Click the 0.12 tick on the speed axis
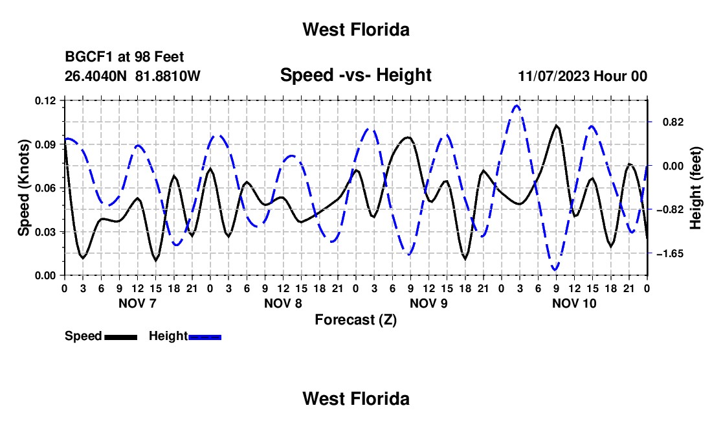click(x=45, y=101)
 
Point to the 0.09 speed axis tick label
click(x=45, y=144)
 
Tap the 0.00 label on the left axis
click(x=45, y=276)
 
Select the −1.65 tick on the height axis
click(x=670, y=253)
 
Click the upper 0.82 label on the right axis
click(x=673, y=122)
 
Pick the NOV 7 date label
click(x=137, y=303)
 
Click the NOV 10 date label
click(x=574, y=303)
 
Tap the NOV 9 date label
click(x=428, y=303)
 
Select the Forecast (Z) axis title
click(x=355, y=320)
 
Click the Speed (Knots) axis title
click(x=23, y=188)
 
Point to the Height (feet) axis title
click(x=695, y=188)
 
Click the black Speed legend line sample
click(x=121, y=337)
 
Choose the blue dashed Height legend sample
click(x=205, y=337)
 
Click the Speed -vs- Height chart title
click(x=355, y=75)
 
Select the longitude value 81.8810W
click(x=168, y=76)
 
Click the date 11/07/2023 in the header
click(x=553, y=76)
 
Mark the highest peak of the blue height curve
click(x=517, y=106)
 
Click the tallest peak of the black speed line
click(x=556, y=125)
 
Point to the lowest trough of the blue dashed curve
click(x=555, y=270)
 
